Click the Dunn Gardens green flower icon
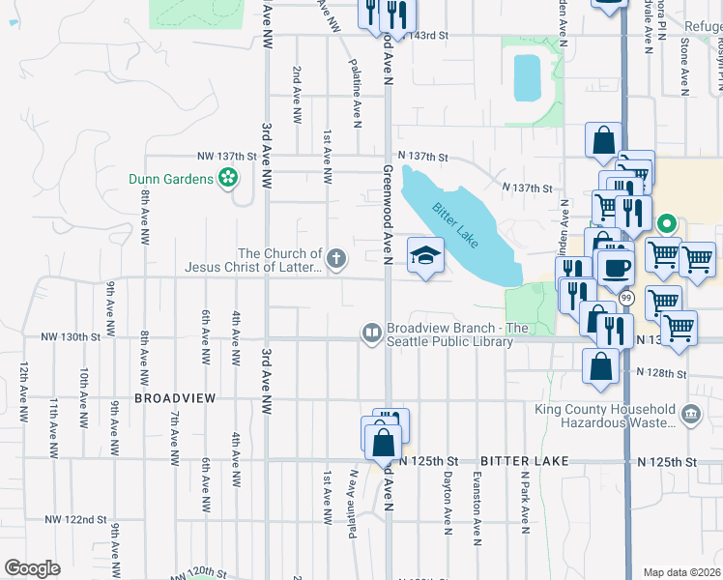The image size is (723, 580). tap(228, 179)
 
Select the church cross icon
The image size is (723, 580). tap(335, 257)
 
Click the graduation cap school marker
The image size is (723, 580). tap(424, 255)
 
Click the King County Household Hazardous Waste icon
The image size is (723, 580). tap(691, 415)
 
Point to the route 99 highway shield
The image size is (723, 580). tap(626, 298)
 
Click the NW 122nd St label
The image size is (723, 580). tap(74, 519)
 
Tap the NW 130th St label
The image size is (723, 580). tap(71, 337)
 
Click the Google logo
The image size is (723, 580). tap(33, 567)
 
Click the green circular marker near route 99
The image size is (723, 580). tap(665, 225)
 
